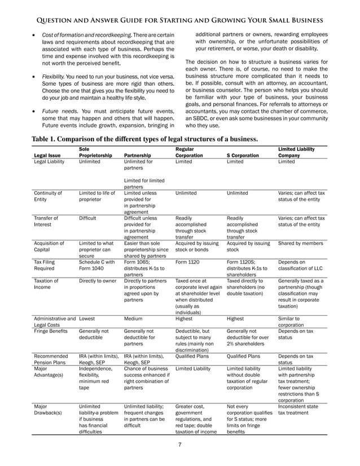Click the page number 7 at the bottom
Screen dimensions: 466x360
[180, 446]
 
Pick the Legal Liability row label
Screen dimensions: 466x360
[49, 161]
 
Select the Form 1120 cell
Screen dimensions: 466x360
[187, 262]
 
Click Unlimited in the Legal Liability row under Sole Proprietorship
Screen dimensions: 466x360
[91, 161]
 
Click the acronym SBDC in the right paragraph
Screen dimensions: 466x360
[204, 119]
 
